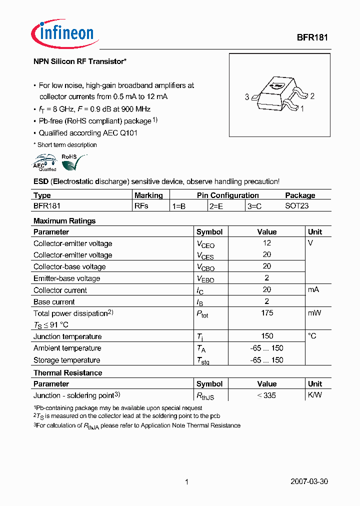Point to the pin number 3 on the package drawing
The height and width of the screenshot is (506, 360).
247,97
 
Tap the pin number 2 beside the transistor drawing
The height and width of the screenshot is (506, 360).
312,96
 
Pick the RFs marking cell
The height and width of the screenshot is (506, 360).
141,205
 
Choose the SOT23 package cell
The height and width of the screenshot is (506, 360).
297,205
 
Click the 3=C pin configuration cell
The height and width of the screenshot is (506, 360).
254,205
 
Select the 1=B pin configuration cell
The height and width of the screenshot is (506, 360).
179,205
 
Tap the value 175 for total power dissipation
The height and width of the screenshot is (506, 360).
267,313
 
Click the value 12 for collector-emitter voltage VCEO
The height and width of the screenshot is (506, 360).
267,243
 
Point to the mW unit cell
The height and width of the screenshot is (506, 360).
314,313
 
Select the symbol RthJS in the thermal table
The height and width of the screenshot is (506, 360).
205,396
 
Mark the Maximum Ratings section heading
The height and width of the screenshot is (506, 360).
64,220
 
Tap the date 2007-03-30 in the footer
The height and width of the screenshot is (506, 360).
309,482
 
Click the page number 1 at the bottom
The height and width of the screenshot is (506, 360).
186,482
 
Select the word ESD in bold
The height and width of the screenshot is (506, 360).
41,181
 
